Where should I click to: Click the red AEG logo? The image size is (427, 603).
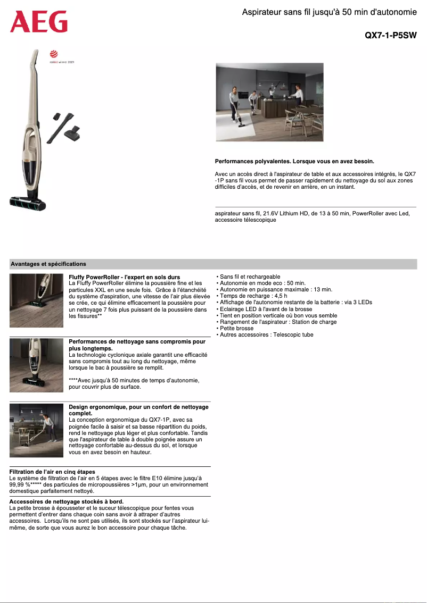pos(39,22)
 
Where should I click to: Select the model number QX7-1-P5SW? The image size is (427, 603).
pos(390,36)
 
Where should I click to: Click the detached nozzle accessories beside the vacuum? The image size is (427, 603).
pos(65,128)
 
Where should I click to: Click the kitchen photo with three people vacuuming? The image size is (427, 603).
pos(269,102)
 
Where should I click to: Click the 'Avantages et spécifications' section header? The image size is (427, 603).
pos(48,264)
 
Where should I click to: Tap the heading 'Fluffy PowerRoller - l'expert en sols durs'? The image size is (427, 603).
pos(125,277)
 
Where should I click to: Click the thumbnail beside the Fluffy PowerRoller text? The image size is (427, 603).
pos(37,300)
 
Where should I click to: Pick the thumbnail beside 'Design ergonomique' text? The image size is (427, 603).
pos(37,430)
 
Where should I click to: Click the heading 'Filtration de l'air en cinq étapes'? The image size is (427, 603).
pos(52,472)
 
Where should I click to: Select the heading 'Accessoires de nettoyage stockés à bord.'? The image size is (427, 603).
pos(67,501)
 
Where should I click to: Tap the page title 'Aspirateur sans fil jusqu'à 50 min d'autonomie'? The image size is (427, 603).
pos(329,12)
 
